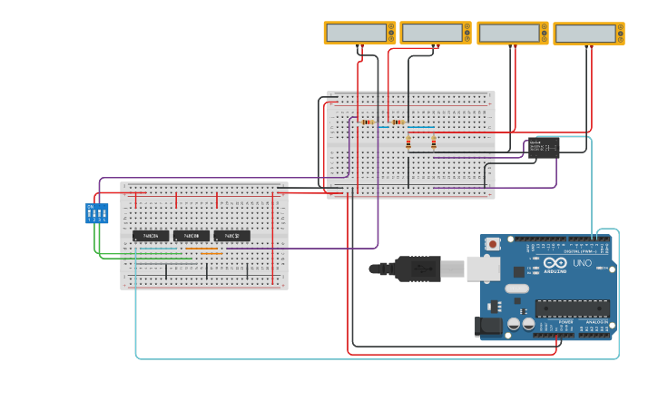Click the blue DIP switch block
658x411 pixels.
click(x=96, y=213)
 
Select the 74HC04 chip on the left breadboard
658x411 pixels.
click(x=151, y=236)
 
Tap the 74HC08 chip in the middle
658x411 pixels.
click(x=192, y=236)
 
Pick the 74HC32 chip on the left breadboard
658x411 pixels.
click(x=232, y=236)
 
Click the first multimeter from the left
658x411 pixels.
click(x=359, y=33)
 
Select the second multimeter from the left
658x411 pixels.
click(x=436, y=33)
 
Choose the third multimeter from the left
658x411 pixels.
click(x=513, y=33)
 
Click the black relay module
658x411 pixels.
click(x=544, y=148)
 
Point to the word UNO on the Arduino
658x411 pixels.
click(x=582, y=263)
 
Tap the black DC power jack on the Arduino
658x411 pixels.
click(x=489, y=327)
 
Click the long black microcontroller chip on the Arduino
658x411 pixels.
click(x=572, y=308)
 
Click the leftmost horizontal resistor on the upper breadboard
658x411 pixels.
click(x=367, y=122)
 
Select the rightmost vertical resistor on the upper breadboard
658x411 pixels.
click(x=434, y=142)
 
